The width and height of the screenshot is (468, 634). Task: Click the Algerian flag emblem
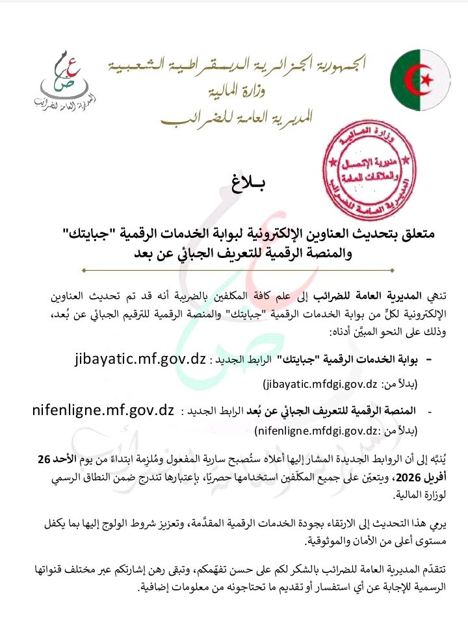coord(420,80)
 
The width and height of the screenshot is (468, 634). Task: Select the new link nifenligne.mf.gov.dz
coord(103,410)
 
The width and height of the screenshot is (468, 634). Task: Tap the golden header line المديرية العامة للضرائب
coord(237,116)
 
